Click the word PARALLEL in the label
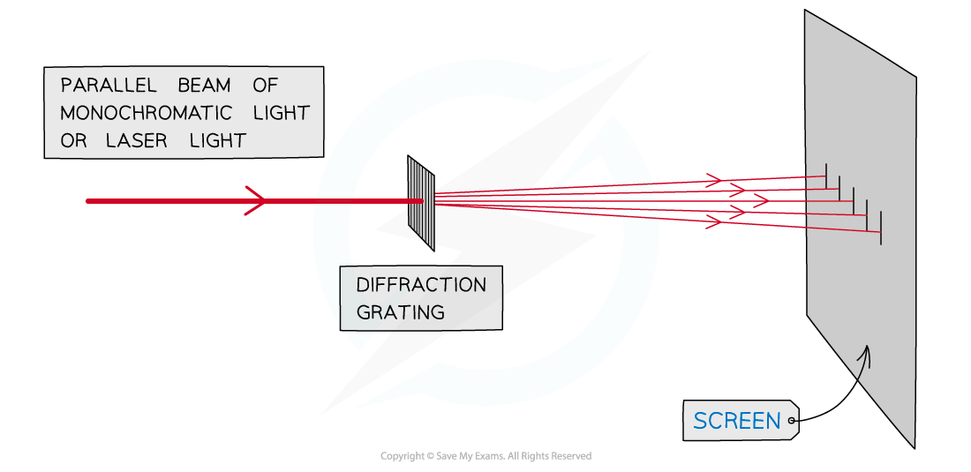108,86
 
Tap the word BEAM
204,86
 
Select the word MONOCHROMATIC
146,113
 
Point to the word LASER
137,140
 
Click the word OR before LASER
73,140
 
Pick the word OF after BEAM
265,86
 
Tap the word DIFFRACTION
421,285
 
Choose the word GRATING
400,312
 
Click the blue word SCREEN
737,422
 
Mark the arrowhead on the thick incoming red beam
257,201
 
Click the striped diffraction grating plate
421,202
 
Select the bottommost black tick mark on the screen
880,228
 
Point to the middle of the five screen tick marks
853,200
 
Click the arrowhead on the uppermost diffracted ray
714,180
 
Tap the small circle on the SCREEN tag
792,422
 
